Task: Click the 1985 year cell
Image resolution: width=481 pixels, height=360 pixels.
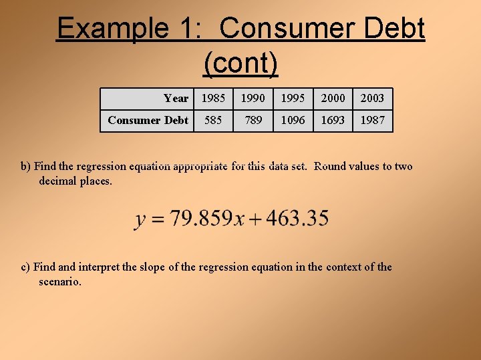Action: coord(213,99)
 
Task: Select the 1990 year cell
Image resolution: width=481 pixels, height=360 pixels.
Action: coord(253,99)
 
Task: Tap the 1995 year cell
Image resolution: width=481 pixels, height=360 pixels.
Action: coord(293,99)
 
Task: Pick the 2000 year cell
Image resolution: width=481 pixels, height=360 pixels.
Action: coord(333,99)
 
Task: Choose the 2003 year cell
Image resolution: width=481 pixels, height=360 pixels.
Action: coord(373,99)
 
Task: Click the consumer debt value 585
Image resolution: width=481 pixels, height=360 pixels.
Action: coord(213,121)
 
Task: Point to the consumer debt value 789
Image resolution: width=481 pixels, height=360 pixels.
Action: coord(253,121)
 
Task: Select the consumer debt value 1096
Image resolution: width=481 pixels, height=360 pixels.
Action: coord(293,121)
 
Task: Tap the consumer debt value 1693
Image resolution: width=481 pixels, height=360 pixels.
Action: coord(333,121)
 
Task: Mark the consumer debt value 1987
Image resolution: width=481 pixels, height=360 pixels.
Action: coord(373,121)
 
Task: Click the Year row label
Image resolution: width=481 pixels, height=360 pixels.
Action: coord(176,99)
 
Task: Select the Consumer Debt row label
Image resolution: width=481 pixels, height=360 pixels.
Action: coord(148,121)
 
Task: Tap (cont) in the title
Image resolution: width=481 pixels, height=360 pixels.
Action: coord(240,63)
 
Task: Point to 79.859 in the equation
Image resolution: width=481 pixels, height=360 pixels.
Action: coord(200,219)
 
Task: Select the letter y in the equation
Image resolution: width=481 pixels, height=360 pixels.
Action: coord(141,220)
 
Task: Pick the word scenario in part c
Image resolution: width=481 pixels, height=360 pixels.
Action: coord(59,282)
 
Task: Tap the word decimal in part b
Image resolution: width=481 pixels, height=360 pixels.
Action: coord(57,181)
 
